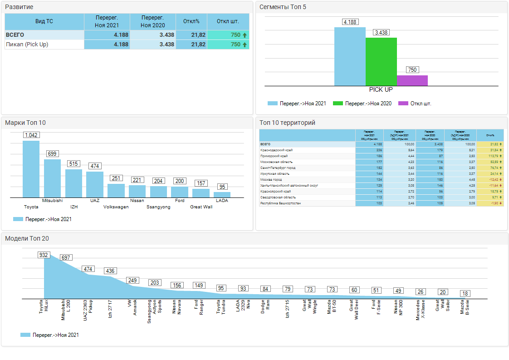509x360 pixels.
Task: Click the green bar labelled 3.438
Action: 381,62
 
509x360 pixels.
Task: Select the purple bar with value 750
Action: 412,81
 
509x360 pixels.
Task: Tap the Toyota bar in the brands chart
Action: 31,169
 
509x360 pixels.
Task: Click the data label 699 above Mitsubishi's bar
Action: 52,154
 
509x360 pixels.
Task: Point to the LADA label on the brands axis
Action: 222,200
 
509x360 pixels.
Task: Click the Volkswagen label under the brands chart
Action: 116,207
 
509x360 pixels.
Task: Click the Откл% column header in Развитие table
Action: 191,21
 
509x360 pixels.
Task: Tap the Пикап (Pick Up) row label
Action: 27,44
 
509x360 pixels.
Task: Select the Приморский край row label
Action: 274,156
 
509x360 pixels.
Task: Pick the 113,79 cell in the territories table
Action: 490,156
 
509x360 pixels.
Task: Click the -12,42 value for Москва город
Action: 490,179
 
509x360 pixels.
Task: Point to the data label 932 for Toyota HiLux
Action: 44,255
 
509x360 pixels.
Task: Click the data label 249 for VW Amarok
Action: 132,281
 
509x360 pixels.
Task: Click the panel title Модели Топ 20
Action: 27,238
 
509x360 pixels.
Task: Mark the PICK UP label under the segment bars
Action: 381,90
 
